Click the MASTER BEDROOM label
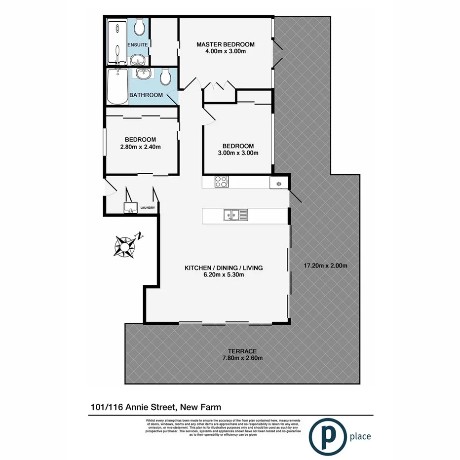225,44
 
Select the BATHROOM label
146,95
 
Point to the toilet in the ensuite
139,28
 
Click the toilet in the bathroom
166,76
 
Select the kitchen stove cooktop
221,182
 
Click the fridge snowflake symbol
278,184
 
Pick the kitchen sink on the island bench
236,215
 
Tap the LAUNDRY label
148,208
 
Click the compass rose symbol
125,245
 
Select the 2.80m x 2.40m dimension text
140,147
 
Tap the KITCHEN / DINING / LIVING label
224,268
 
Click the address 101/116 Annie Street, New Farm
155,407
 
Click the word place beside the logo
359,436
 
